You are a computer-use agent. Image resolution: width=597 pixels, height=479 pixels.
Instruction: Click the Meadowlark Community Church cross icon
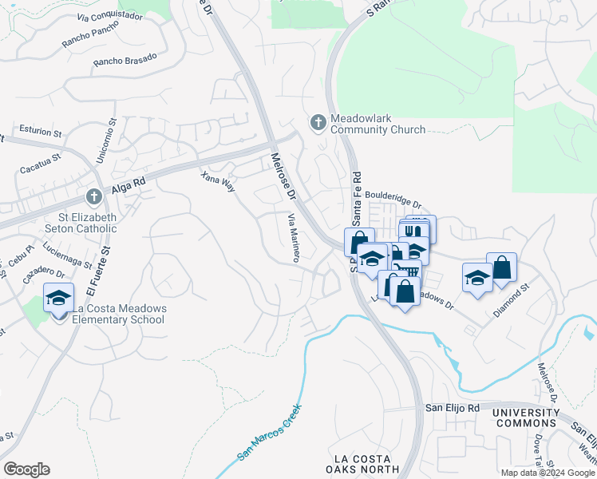(x=318, y=122)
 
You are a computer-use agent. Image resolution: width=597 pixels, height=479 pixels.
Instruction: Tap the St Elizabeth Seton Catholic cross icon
(x=93, y=196)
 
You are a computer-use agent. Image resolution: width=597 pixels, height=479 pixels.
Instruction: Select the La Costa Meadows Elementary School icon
(x=58, y=299)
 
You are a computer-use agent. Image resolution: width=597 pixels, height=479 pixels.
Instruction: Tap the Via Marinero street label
(x=293, y=237)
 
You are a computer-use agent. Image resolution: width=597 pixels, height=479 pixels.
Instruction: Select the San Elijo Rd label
(x=451, y=408)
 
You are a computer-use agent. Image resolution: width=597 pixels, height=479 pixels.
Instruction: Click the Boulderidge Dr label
(x=392, y=200)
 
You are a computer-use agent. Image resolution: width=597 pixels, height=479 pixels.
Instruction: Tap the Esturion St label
(x=39, y=132)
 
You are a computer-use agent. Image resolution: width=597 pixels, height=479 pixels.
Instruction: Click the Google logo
(x=26, y=469)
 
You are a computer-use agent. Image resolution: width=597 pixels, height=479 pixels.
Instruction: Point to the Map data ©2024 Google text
(x=548, y=473)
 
